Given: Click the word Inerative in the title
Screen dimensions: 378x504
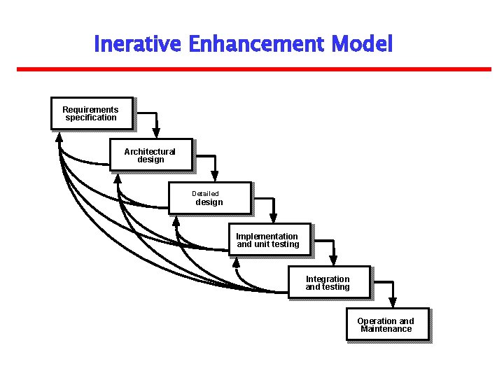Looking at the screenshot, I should point(138,45).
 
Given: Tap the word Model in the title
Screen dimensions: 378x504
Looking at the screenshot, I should point(362,45).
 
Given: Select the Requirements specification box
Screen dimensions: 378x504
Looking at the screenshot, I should point(92,113).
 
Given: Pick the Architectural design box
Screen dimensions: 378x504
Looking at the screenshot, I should point(150,155).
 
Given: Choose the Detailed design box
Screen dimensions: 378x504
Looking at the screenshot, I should point(209,198).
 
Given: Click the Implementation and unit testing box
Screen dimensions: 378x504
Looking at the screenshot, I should point(269,240).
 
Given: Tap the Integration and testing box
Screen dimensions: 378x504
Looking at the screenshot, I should point(328,282).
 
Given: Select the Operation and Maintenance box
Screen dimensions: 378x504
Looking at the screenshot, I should point(387,325).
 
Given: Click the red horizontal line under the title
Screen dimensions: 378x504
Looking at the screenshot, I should point(253,69).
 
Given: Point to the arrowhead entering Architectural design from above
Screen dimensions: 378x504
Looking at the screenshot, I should point(156,133).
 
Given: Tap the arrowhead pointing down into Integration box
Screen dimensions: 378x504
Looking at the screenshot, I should point(333,260).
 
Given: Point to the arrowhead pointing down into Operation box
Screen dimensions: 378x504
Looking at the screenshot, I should point(393,302).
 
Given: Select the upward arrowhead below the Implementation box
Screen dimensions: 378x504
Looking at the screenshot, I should point(236,262).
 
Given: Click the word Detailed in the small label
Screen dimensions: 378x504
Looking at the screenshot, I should point(206,194).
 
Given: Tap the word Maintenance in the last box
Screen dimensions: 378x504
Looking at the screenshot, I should point(386,329).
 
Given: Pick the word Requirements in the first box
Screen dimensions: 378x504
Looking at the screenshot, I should point(90,109).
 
